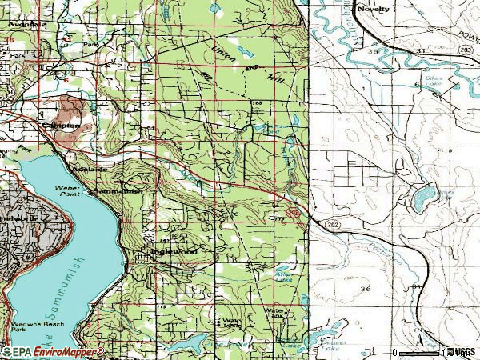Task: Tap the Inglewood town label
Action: [174, 250]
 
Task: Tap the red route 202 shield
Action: [295, 213]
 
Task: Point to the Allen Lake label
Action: [283, 274]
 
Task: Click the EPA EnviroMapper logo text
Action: [53, 352]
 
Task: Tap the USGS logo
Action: [462, 352]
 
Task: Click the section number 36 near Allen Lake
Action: [366, 288]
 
